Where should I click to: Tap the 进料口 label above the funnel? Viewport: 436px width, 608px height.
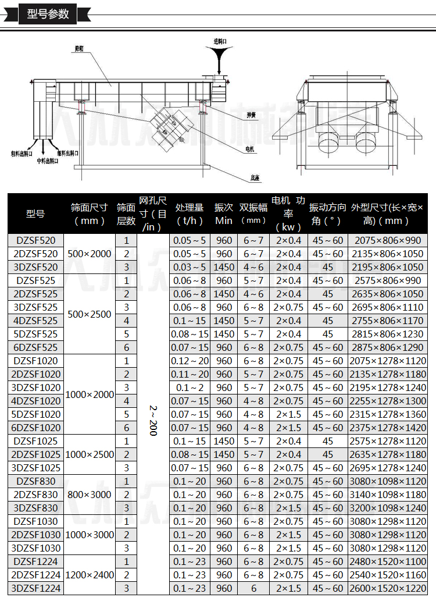click(220, 41)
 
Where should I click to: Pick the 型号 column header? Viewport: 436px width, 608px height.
click(35, 214)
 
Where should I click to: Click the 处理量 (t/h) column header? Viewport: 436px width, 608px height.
click(190, 214)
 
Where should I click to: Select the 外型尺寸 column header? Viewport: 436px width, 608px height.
click(387, 214)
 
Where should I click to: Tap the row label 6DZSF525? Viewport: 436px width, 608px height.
click(35, 347)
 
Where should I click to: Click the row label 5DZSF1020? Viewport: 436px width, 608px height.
click(35, 414)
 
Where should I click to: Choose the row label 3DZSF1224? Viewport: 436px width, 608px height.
click(35, 588)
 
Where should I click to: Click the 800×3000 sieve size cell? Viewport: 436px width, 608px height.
click(90, 495)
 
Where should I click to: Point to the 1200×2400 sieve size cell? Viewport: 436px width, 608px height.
click(90, 575)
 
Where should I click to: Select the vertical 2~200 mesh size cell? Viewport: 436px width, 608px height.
click(153, 414)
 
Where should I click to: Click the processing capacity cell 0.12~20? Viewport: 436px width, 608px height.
click(190, 361)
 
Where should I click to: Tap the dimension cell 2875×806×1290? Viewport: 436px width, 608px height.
click(388, 347)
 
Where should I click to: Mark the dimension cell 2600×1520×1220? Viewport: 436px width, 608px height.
click(388, 588)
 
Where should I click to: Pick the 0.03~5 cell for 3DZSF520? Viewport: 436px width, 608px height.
click(190, 267)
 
